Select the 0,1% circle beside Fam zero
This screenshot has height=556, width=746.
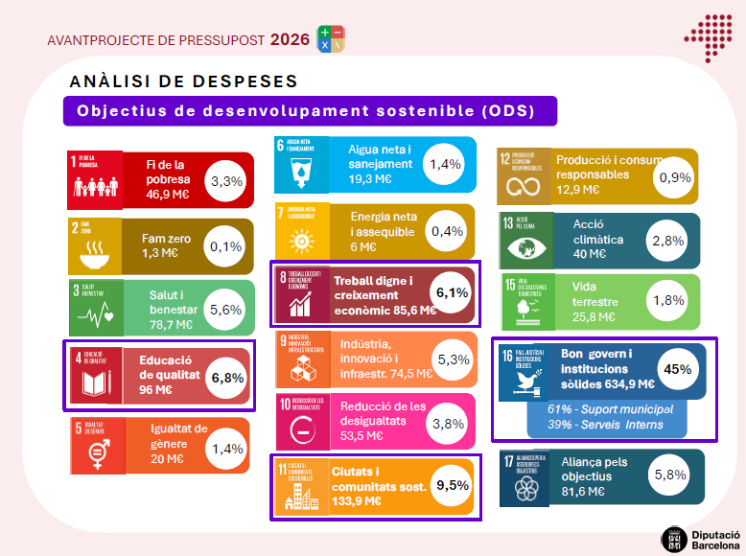[x=226, y=246]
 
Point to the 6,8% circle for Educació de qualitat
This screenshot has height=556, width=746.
[x=226, y=375]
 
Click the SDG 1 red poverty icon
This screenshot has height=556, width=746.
[x=96, y=179]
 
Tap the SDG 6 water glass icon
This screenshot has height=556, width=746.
[x=301, y=165]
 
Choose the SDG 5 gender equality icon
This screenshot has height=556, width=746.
[x=97, y=446]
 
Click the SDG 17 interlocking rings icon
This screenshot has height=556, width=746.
[x=525, y=477]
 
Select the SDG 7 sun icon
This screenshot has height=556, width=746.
[x=302, y=231]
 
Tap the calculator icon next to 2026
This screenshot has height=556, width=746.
[x=331, y=39]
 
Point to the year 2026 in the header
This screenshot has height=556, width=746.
[x=290, y=39]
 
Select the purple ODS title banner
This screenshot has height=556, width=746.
[x=309, y=110]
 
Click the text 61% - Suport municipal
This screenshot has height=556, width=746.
[x=610, y=409]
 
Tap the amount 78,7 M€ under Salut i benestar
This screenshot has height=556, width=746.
[x=171, y=325]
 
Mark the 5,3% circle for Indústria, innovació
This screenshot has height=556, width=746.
[x=453, y=359]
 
